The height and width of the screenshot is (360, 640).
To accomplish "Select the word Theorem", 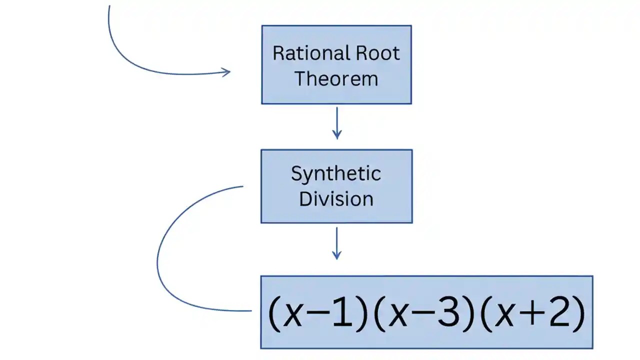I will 336,79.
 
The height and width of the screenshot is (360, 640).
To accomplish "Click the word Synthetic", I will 336,174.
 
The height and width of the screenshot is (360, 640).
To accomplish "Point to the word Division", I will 336,199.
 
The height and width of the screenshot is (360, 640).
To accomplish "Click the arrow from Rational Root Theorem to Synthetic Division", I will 336,122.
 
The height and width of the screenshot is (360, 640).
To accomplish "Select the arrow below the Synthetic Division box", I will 336,243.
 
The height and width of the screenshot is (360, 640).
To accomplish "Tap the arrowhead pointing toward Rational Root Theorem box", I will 226,72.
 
